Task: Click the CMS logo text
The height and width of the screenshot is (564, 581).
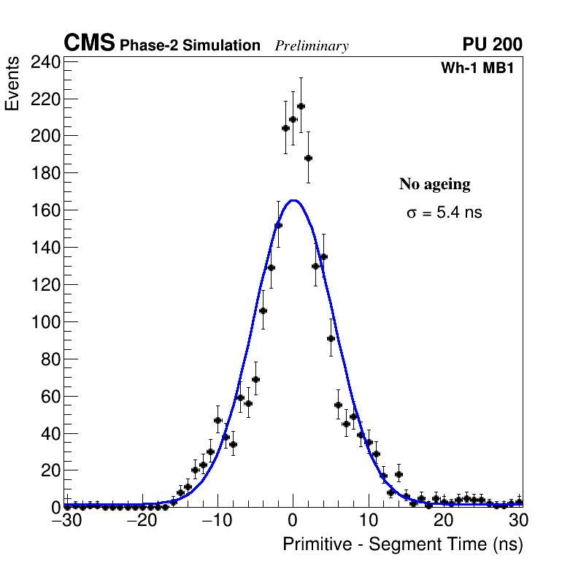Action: [x=89, y=44]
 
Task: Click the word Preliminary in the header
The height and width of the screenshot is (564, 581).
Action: [x=312, y=46]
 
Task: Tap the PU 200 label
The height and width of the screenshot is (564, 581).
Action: [x=492, y=45]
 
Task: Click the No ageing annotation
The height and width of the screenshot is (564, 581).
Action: [x=434, y=184]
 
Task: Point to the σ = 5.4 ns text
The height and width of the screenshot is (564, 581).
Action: [x=444, y=213]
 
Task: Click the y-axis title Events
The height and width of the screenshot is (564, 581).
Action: [x=12, y=94]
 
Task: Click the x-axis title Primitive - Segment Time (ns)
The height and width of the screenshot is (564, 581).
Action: [x=402, y=544]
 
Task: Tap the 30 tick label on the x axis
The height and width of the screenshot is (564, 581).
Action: [x=518, y=521]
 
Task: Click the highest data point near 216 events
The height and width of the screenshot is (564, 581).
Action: [x=301, y=106]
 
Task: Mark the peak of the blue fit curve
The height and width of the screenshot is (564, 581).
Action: [x=293, y=200]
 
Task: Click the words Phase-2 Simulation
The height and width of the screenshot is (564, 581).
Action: [x=190, y=46]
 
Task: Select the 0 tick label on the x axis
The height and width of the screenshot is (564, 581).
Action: [x=293, y=521]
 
